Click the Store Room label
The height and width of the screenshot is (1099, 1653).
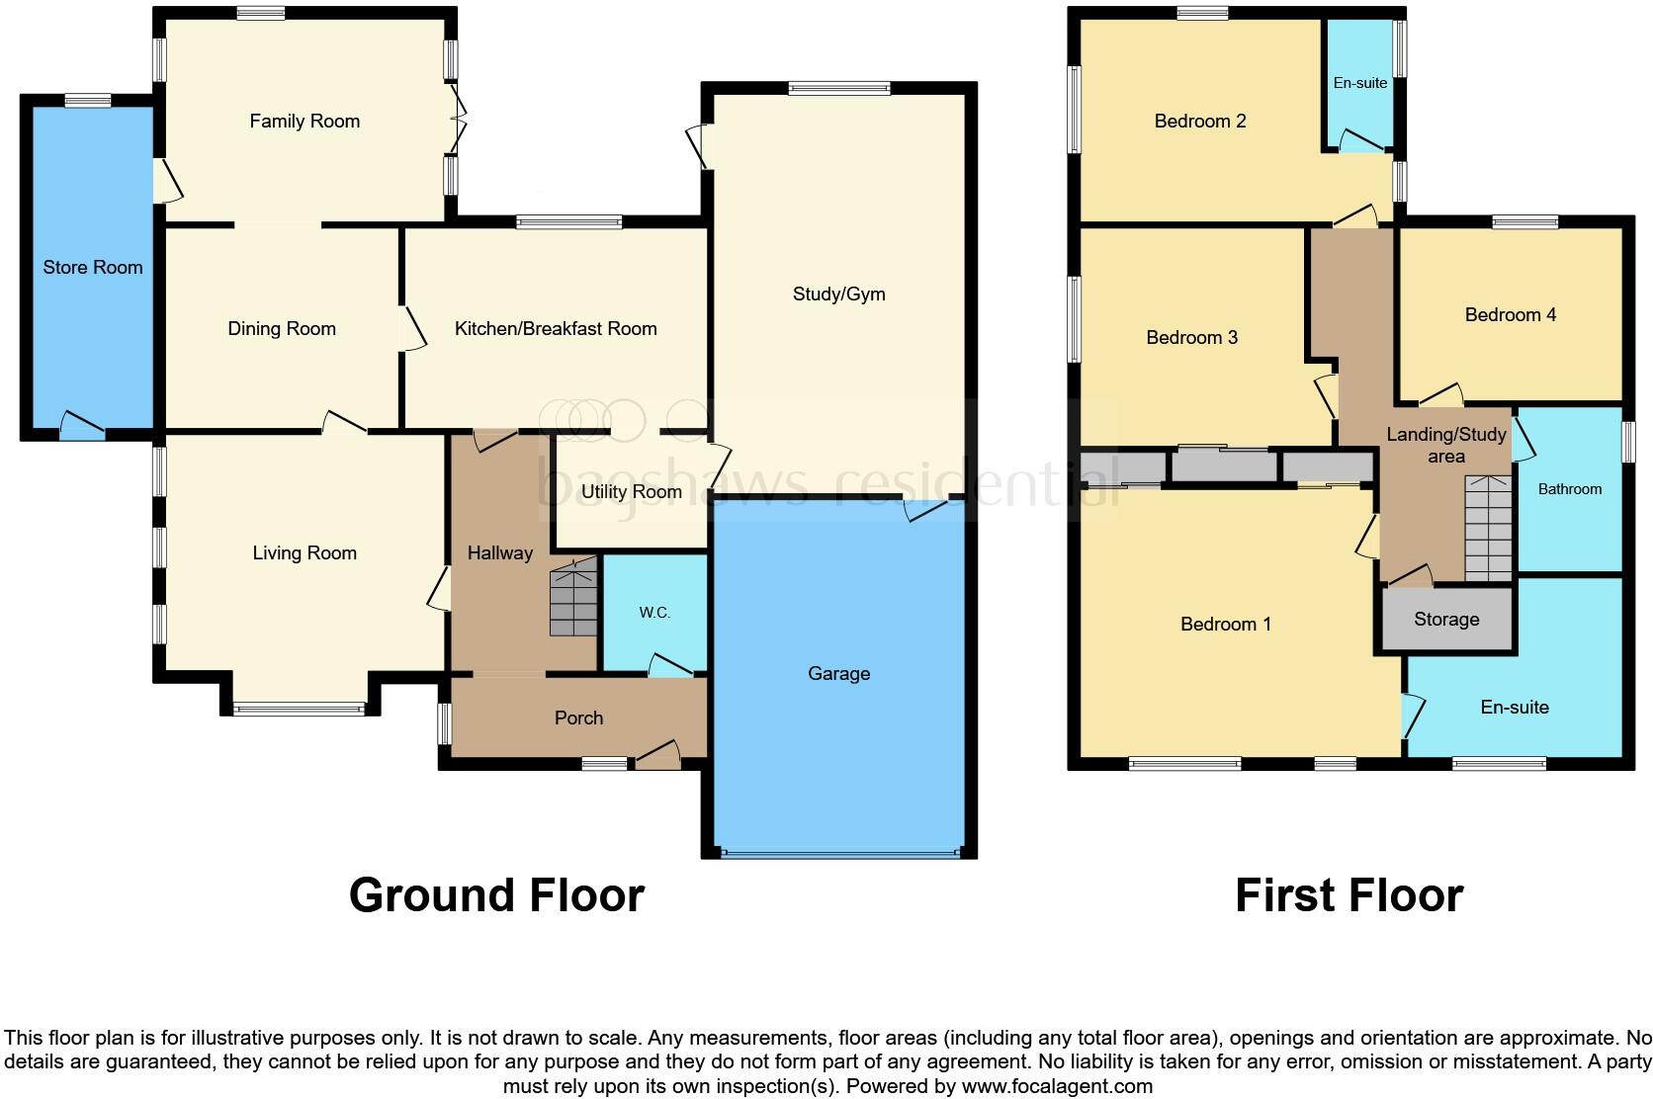[x=92, y=267]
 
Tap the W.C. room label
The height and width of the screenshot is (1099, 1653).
[x=653, y=613]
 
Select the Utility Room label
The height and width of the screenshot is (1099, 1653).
[x=631, y=491]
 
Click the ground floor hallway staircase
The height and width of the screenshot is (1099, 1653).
[x=573, y=598]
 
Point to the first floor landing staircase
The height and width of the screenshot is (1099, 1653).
[x=1488, y=529]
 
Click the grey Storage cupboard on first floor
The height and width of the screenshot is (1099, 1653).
[x=1446, y=620]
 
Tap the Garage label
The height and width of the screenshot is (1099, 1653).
[x=838, y=673]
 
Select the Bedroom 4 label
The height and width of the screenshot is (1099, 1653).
[x=1510, y=314]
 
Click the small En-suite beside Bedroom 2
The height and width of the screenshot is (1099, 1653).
[x=1359, y=83]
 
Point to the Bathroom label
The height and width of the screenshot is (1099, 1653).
[x=1569, y=488]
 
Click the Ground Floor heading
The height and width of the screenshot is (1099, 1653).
[x=496, y=894]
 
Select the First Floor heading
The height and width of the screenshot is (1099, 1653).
[x=1348, y=894]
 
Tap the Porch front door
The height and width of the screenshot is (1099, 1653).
[x=657, y=756]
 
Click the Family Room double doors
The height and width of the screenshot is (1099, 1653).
[x=457, y=120]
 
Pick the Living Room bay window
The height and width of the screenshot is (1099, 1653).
[x=299, y=708]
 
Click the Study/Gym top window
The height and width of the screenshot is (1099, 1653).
[x=838, y=89]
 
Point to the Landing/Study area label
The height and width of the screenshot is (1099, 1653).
[x=1445, y=445]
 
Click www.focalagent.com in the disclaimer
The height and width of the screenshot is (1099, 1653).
[x=1057, y=1086]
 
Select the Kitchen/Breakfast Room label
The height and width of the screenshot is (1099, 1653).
[x=555, y=328]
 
